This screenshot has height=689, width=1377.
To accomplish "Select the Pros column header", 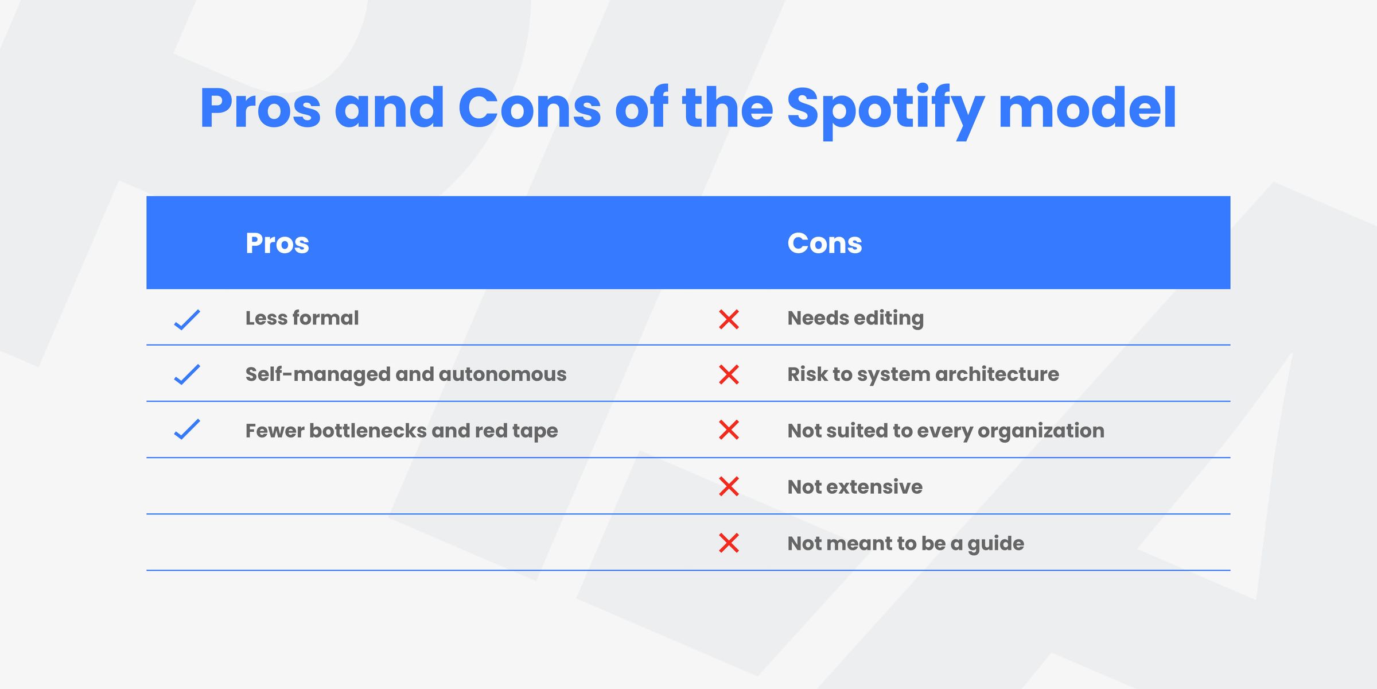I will [x=277, y=243].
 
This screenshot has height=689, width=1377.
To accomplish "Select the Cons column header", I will [x=824, y=243].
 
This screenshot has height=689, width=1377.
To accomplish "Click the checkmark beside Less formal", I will [x=187, y=319].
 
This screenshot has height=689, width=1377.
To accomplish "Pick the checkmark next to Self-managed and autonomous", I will [x=187, y=375].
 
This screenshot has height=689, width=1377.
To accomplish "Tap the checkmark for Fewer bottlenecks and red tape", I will [x=187, y=429].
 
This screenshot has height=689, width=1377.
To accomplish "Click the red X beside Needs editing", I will [x=729, y=319].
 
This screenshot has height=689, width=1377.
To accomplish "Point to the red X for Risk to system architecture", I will [x=729, y=375].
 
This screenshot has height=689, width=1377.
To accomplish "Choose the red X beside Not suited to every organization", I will [x=729, y=430].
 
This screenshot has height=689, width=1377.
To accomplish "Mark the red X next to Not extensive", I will [x=729, y=486].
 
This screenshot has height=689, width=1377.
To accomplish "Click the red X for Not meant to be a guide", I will [x=729, y=543].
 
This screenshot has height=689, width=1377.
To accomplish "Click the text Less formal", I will [x=302, y=318].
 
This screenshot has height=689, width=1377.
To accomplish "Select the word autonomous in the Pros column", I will [x=502, y=374].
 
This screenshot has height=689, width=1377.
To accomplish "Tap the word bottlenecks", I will [x=368, y=431].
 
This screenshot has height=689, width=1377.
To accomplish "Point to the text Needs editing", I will [x=855, y=318].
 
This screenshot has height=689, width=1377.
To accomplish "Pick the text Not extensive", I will [x=855, y=487].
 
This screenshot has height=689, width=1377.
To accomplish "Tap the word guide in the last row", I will [x=995, y=544].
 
